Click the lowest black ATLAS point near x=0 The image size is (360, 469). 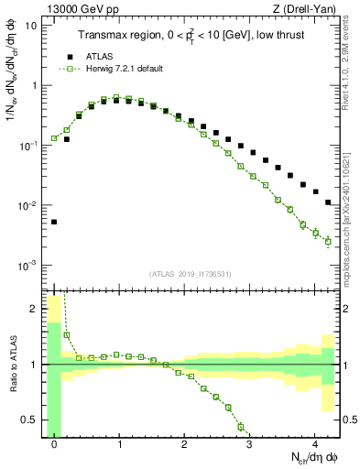tap(54, 222)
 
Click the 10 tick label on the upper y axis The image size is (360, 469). tap(32, 26)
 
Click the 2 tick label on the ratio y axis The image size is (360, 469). tap(36, 309)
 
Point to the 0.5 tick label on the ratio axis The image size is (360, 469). tap(32, 420)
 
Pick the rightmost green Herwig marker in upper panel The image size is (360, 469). tap(328, 242)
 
